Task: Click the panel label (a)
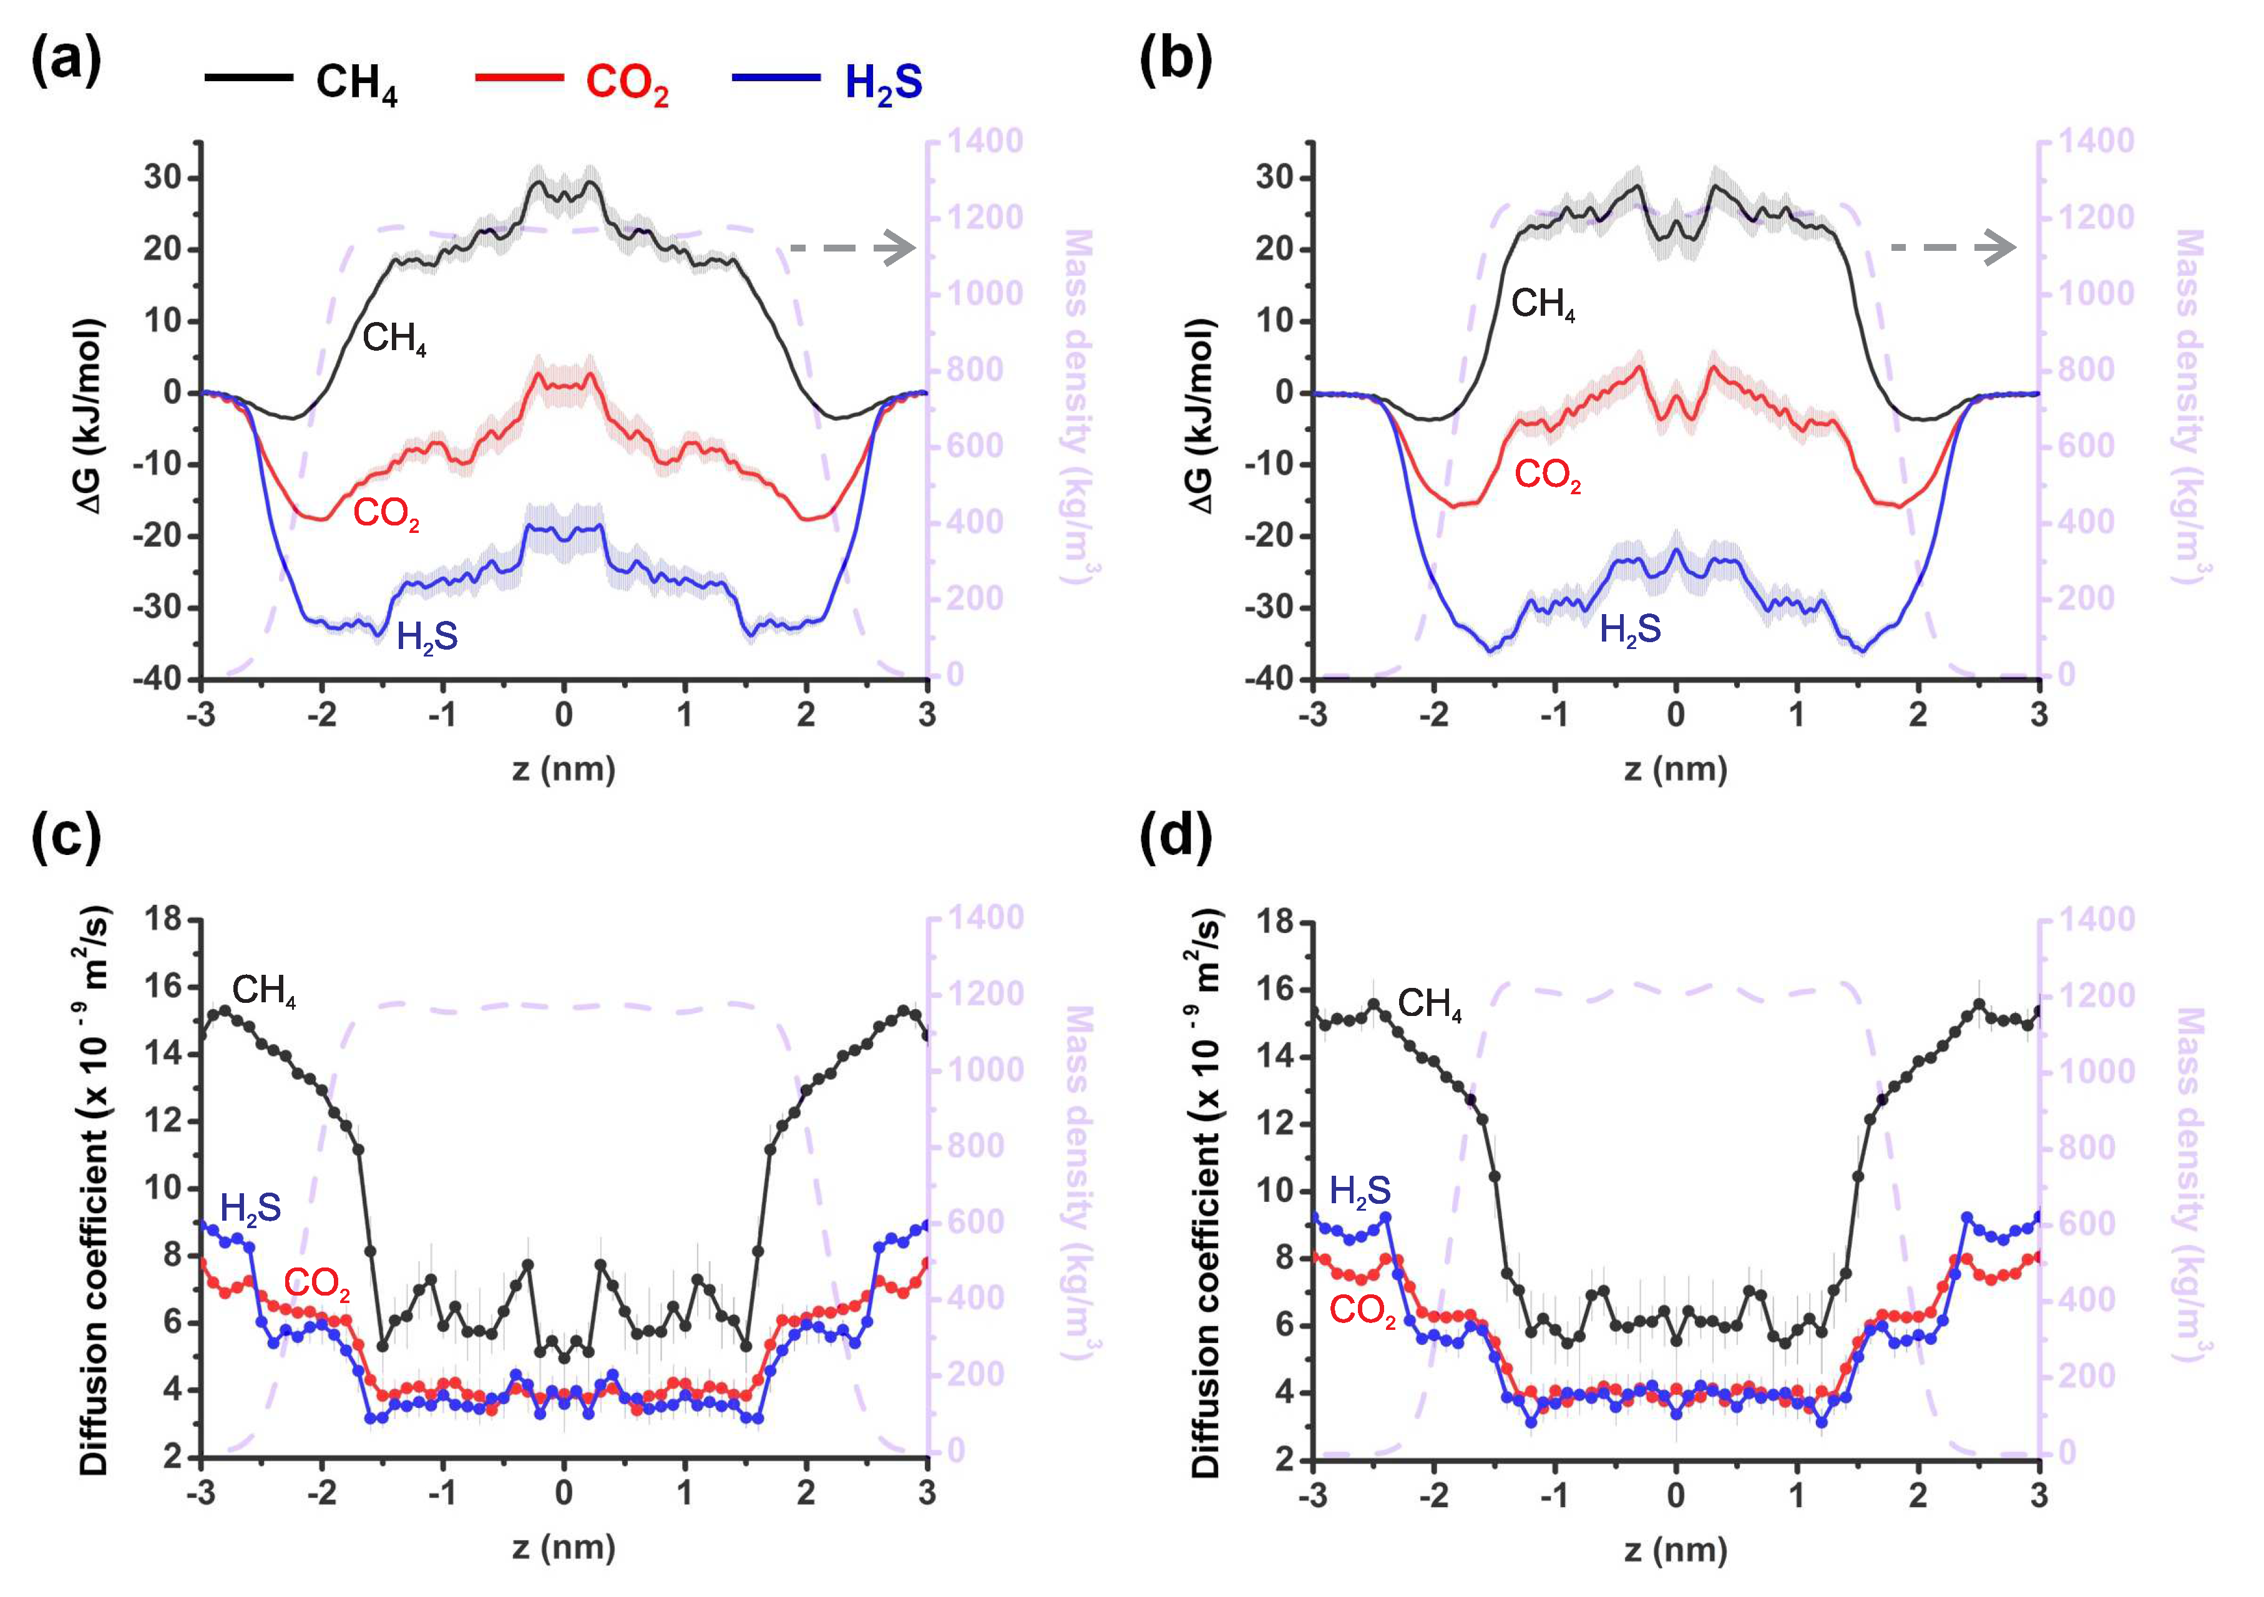pyautogui.click(x=66, y=61)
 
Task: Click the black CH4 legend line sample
pyautogui.click(x=248, y=77)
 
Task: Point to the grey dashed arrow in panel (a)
pyautogui.click(x=854, y=248)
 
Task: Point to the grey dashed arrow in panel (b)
pyautogui.click(x=1953, y=248)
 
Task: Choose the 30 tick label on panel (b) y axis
pyautogui.click(x=1276, y=178)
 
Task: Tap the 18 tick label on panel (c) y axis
pyautogui.click(x=163, y=919)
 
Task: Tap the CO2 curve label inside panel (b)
pyautogui.click(x=1547, y=476)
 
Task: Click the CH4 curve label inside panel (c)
pyautogui.click(x=263, y=990)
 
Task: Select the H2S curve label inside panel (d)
pyautogui.click(x=1360, y=1191)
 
